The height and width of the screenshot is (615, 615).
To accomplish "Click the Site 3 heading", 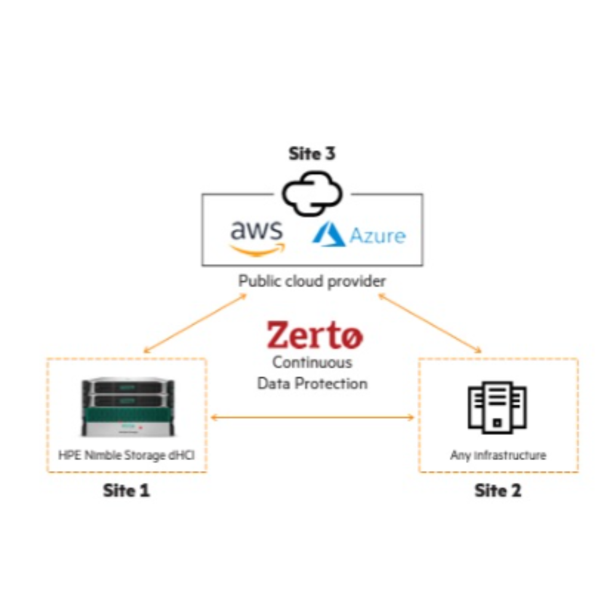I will [x=312, y=154].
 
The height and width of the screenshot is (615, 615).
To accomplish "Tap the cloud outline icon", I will [x=312, y=193].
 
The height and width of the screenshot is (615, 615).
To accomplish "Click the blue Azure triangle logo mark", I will [x=328, y=235].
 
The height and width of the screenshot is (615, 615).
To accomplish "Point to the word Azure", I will [x=378, y=236].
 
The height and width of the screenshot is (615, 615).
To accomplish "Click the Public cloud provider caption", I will [x=312, y=281].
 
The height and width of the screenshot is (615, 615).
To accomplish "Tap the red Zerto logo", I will [x=314, y=335].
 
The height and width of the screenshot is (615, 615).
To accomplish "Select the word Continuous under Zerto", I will [x=312, y=362].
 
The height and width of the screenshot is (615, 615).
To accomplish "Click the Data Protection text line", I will [x=312, y=383].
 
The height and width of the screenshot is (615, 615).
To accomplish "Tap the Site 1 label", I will [x=126, y=491].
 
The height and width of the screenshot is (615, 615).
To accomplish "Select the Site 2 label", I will [x=498, y=491].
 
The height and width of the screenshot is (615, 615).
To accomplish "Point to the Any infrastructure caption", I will [x=498, y=456].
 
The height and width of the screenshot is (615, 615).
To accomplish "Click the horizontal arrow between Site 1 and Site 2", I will [x=312, y=418].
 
